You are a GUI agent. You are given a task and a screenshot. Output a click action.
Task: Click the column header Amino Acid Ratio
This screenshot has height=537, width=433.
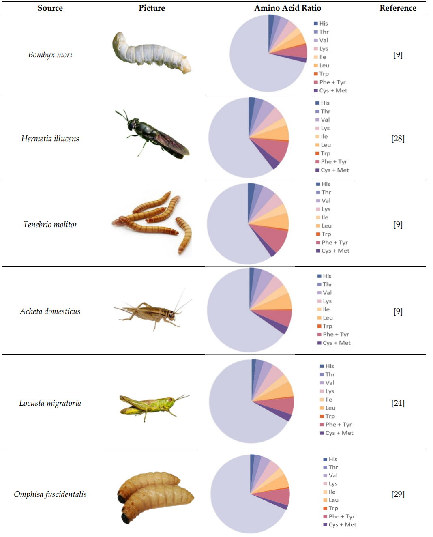[287, 8]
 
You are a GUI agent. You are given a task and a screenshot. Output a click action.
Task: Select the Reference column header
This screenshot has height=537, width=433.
[398, 8]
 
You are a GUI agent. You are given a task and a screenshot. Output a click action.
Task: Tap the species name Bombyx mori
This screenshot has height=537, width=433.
[50, 55]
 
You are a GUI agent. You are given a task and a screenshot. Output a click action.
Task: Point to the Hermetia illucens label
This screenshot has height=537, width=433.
[50, 139]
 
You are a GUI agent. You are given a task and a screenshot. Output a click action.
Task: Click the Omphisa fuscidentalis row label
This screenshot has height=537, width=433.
[50, 494]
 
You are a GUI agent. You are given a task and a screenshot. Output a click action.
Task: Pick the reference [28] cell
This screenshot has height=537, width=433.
[398, 139]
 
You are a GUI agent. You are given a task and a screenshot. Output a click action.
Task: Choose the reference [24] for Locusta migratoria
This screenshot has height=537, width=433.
[398, 403]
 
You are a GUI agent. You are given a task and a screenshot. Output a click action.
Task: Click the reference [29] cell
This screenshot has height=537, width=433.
[398, 494]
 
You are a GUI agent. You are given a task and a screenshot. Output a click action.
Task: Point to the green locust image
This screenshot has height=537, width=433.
[152, 405]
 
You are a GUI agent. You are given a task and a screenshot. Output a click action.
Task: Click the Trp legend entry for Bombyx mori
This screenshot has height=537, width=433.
[324, 74]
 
